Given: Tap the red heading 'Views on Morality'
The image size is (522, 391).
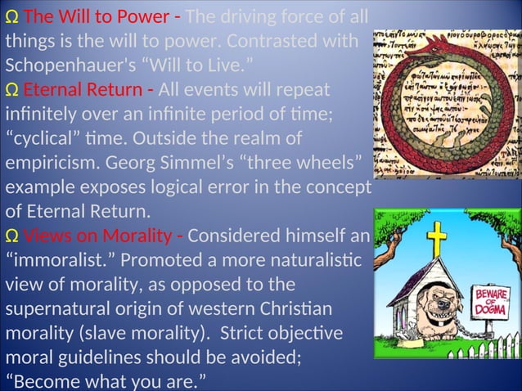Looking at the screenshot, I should click(x=97, y=236).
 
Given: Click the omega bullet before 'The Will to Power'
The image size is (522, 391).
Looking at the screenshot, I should click(x=11, y=17).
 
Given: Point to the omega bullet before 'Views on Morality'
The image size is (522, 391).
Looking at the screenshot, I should click(x=11, y=237).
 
